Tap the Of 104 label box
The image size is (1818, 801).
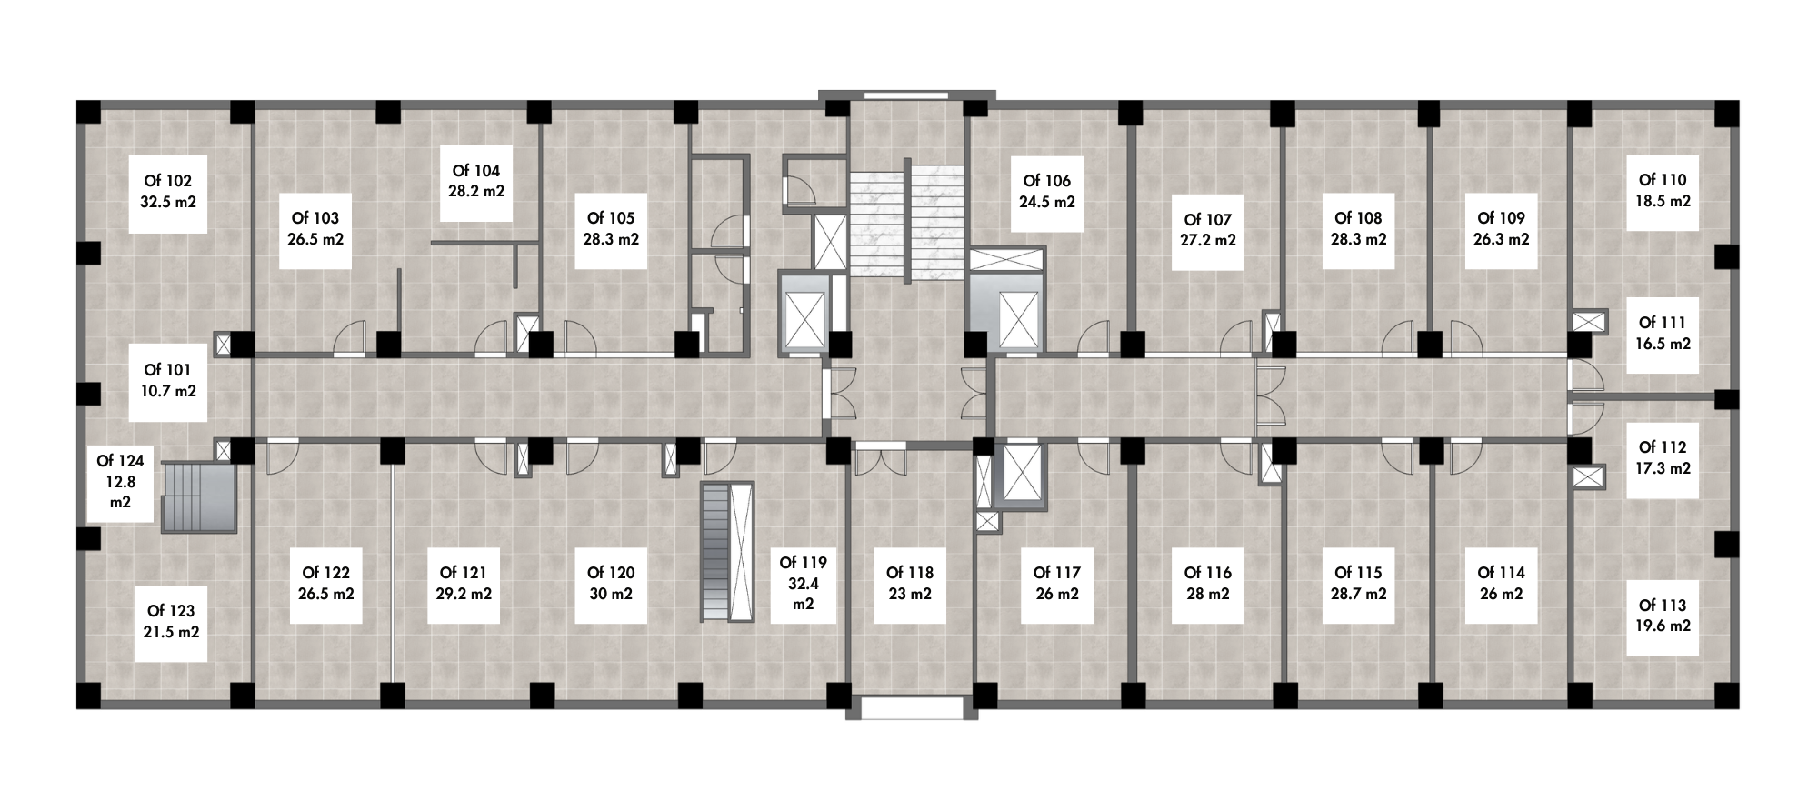pyautogui.click(x=476, y=182)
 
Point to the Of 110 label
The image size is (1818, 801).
pyautogui.click(x=1662, y=191)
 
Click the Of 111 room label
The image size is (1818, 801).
pyautogui.click(x=1662, y=334)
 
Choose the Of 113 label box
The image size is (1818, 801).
pyautogui.click(x=1662, y=616)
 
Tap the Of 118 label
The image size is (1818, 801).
pyautogui.click(x=909, y=584)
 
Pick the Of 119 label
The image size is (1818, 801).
pyautogui.click(x=804, y=584)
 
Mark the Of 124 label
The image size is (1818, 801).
pyautogui.click(x=120, y=482)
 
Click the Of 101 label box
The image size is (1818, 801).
pyautogui.click(x=168, y=381)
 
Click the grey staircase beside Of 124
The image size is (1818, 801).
pyautogui.click(x=199, y=496)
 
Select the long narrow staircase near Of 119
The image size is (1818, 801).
pyautogui.click(x=727, y=552)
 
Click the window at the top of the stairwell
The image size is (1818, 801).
pyautogui.click(x=906, y=94)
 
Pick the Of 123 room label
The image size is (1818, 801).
pyautogui.click(x=172, y=623)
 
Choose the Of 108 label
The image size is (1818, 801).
pyautogui.click(x=1358, y=229)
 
